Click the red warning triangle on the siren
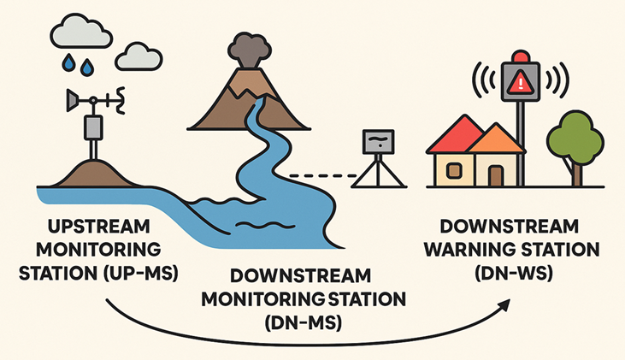pyautogui.click(x=519, y=83)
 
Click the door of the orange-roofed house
pyautogui.click(x=495, y=174)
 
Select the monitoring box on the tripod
pyautogui.click(x=378, y=142)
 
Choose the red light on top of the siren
pyautogui.click(x=519, y=57)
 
